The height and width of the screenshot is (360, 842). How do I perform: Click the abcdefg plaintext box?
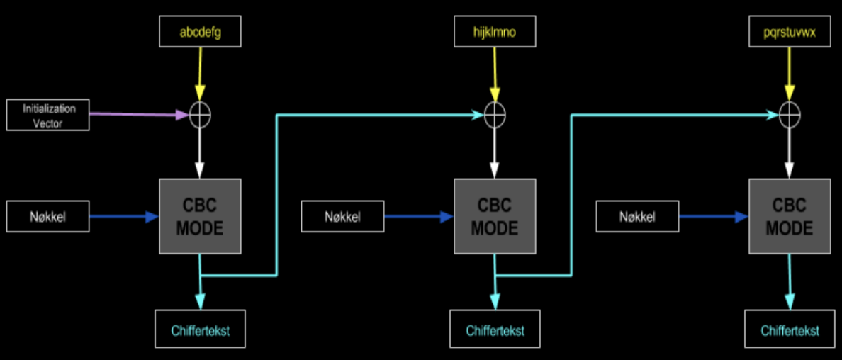point(201,32)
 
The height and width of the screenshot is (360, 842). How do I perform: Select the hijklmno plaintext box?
point(495,32)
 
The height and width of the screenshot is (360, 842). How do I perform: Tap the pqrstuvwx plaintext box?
point(790,32)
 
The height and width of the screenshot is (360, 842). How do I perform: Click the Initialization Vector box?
point(48,115)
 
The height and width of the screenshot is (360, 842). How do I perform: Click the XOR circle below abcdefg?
point(201,114)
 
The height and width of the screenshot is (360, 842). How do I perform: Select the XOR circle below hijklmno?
point(495,114)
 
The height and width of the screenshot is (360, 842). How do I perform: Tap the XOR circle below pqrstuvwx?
point(790,114)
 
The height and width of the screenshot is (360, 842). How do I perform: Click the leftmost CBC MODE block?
point(201,216)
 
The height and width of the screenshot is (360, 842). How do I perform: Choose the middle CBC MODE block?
point(495,216)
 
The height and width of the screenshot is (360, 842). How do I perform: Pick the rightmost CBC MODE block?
point(790,216)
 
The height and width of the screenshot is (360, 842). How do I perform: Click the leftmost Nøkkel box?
point(48,216)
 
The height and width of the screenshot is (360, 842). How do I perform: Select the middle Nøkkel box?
point(343,216)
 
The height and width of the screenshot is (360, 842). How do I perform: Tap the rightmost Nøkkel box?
point(637,216)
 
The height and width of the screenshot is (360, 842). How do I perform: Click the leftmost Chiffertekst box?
point(201,329)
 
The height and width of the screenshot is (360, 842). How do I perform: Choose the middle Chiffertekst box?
point(495,330)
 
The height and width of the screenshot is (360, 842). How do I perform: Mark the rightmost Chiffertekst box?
point(790,330)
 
